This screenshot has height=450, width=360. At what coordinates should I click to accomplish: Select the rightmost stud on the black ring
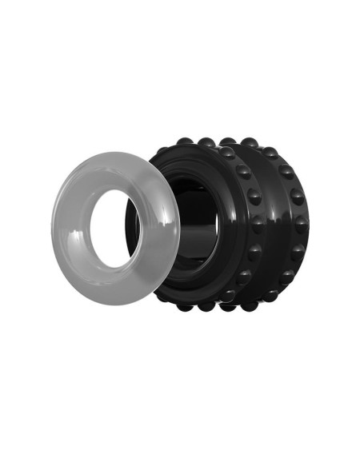302,225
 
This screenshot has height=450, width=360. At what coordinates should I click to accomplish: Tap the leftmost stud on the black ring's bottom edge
184,305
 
